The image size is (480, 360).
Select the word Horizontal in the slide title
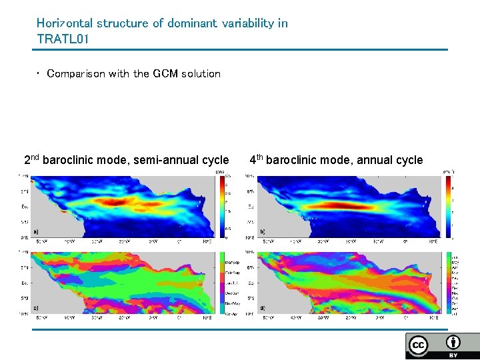click(65, 23)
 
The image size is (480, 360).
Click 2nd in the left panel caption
click(32, 160)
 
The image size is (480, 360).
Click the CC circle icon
click(419, 345)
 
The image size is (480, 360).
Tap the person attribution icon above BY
click(453, 342)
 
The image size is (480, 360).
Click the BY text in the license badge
click(453, 355)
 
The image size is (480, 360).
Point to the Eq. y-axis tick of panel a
click(24, 207)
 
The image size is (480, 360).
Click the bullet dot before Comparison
click(39, 74)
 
